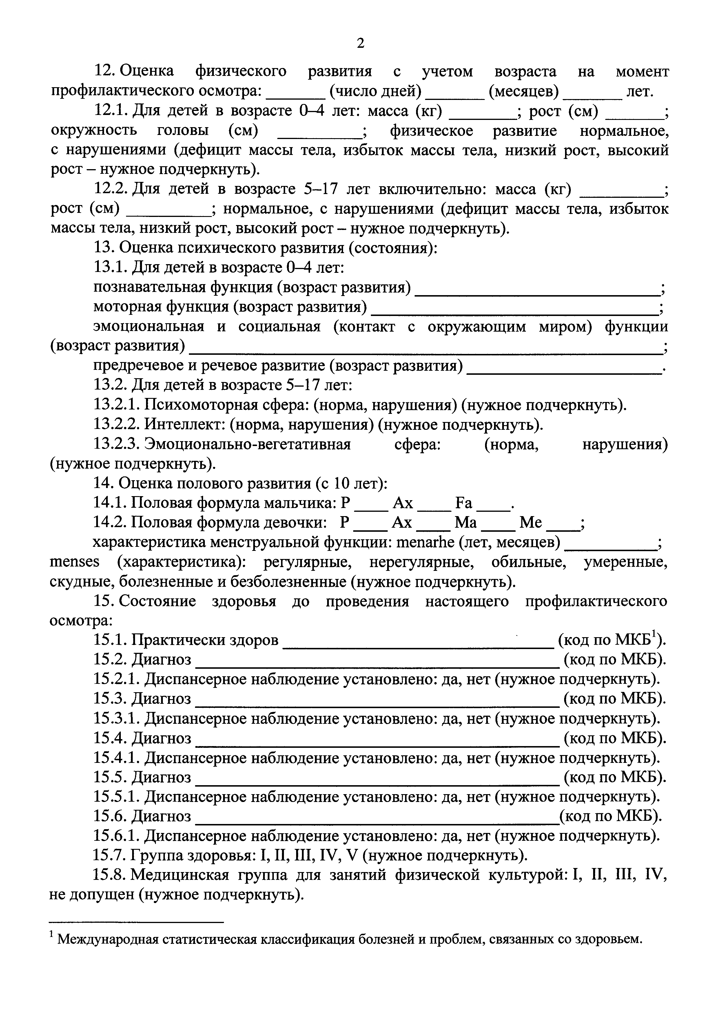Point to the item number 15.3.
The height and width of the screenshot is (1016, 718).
click(111, 699)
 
